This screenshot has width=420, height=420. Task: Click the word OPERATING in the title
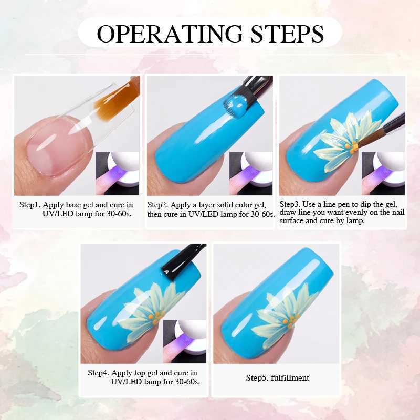click(170, 34)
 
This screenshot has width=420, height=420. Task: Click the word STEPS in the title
click(287, 34)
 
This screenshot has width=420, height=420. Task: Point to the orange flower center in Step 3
click(352, 148)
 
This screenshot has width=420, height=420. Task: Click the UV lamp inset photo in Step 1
click(118, 173)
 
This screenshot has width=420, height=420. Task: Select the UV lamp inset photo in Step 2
click(251, 173)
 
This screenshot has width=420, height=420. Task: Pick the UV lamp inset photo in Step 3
click(383, 173)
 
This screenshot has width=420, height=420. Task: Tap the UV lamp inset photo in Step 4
click(185, 341)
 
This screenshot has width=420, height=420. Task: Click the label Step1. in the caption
click(30, 205)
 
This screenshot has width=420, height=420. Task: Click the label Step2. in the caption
click(158, 205)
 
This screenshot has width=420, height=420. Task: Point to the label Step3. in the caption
click(290, 204)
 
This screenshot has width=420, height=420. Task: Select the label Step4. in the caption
click(99, 373)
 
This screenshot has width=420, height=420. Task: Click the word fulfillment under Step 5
click(290, 377)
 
